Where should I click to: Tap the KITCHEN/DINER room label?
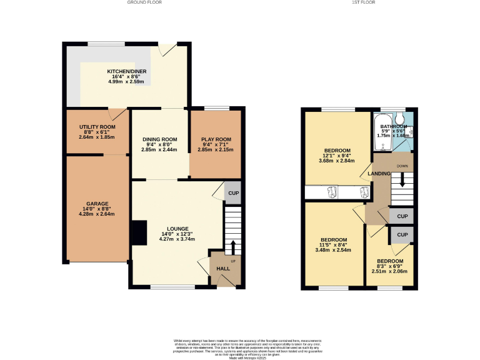coord(127,72)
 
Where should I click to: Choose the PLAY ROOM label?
coord(216,139)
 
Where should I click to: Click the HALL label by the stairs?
coord(223,269)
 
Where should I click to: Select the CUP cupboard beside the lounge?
coord(232,193)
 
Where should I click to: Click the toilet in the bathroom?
coord(400,118)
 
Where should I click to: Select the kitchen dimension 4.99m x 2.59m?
coord(127,82)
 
